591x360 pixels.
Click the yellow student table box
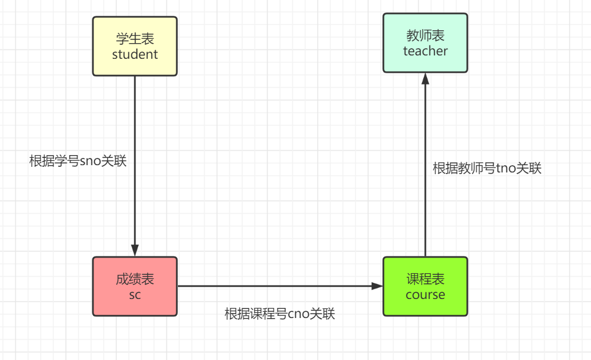point(134,46)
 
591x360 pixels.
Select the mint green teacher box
point(425,43)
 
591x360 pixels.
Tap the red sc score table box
point(134,286)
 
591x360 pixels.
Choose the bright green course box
point(425,286)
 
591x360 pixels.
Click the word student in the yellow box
point(135,54)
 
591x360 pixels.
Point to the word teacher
point(425,51)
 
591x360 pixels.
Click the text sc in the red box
point(135,295)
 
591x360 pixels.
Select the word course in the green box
point(425,295)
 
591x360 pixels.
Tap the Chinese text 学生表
point(135,39)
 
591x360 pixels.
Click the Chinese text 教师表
point(425,35)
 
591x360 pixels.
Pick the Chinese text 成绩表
point(135,279)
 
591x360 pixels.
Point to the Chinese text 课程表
point(425,279)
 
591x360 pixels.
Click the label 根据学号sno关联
point(78,161)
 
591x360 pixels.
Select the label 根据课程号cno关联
point(280,314)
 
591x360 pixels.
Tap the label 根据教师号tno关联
point(487,168)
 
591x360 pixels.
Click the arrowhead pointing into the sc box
point(135,251)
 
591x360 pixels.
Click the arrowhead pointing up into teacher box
point(425,79)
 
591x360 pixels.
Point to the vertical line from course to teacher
point(425,168)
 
